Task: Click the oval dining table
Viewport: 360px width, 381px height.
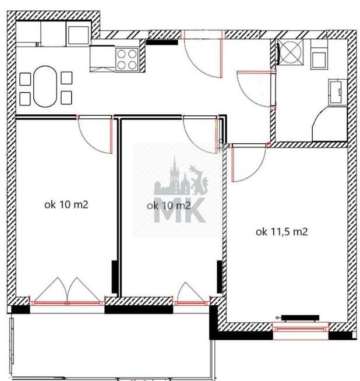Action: pos(45,86)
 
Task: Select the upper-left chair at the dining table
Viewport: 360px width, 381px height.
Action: pos(25,79)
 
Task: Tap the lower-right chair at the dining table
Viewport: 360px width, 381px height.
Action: pos(66,98)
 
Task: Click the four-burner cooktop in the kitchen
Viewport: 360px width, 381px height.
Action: pos(127,59)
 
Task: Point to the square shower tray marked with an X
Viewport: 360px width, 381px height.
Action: pos(290,52)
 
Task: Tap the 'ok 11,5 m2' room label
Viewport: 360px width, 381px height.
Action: pos(282,232)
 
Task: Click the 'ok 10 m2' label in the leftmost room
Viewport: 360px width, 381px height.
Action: pos(66,204)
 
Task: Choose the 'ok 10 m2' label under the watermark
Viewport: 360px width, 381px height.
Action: pos(168,206)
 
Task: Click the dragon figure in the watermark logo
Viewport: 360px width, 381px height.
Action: pos(199,180)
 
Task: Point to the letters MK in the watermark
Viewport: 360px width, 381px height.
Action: pos(180,210)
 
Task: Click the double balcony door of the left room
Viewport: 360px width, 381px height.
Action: pos(68,290)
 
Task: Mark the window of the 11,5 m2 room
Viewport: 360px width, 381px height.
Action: pos(301,329)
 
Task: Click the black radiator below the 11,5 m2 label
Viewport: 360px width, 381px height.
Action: pos(300,317)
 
